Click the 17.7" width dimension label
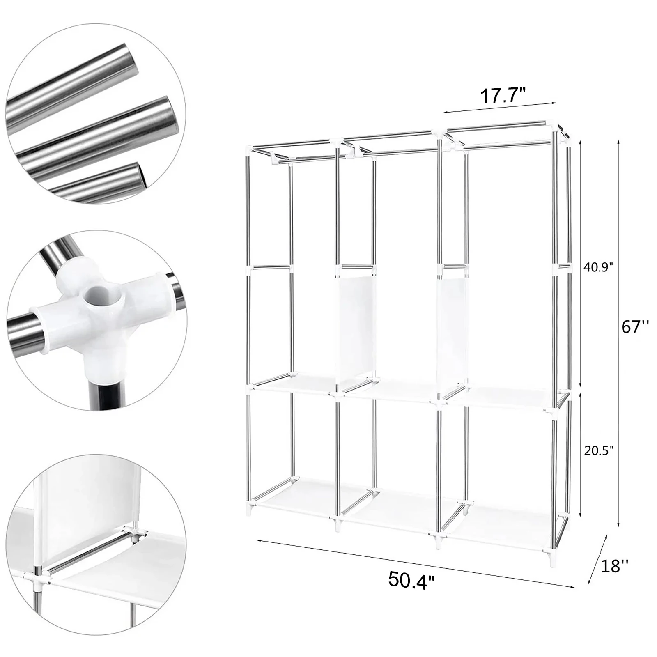click(503, 96)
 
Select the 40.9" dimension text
click(598, 267)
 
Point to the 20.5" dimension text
click(599, 451)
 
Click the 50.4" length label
click(411, 580)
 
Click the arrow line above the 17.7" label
click(498, 107)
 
